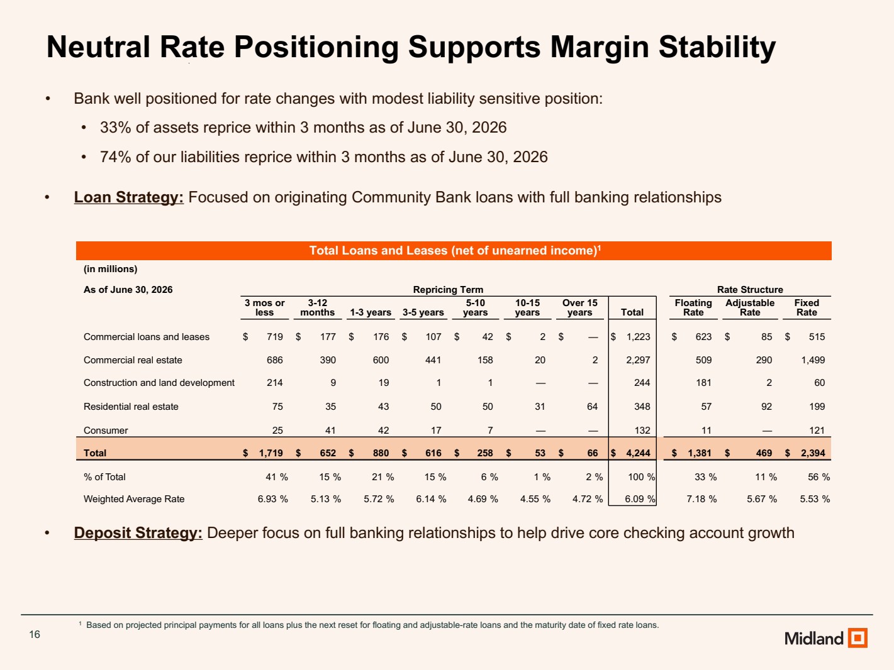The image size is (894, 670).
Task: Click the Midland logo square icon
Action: point(858,637)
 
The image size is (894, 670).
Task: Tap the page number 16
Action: point(35,634)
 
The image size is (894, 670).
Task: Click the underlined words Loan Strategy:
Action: point(129,197)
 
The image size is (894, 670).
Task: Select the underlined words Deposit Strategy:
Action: point(138,533)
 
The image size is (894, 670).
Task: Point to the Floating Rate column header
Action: point(693,307)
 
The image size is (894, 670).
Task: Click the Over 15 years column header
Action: point(579,307)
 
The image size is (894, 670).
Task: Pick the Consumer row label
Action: point(106,431)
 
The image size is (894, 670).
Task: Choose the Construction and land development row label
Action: point(159,383)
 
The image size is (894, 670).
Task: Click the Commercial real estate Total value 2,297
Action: point(638,360)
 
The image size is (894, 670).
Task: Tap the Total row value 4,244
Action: point(638,453)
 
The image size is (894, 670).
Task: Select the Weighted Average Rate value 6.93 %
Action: point(272,499)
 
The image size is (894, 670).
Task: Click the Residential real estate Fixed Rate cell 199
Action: point(817,407)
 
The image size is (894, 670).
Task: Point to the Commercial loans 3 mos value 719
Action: point(275,337)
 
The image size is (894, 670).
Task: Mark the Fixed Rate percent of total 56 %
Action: point(819,477)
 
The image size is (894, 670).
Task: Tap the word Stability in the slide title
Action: point(717,47)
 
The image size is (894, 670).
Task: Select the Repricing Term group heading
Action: point(448,290)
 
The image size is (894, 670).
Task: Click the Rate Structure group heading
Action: point(750,290)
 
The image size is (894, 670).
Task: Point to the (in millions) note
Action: point(110,269)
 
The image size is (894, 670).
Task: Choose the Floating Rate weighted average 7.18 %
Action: point(701,499)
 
